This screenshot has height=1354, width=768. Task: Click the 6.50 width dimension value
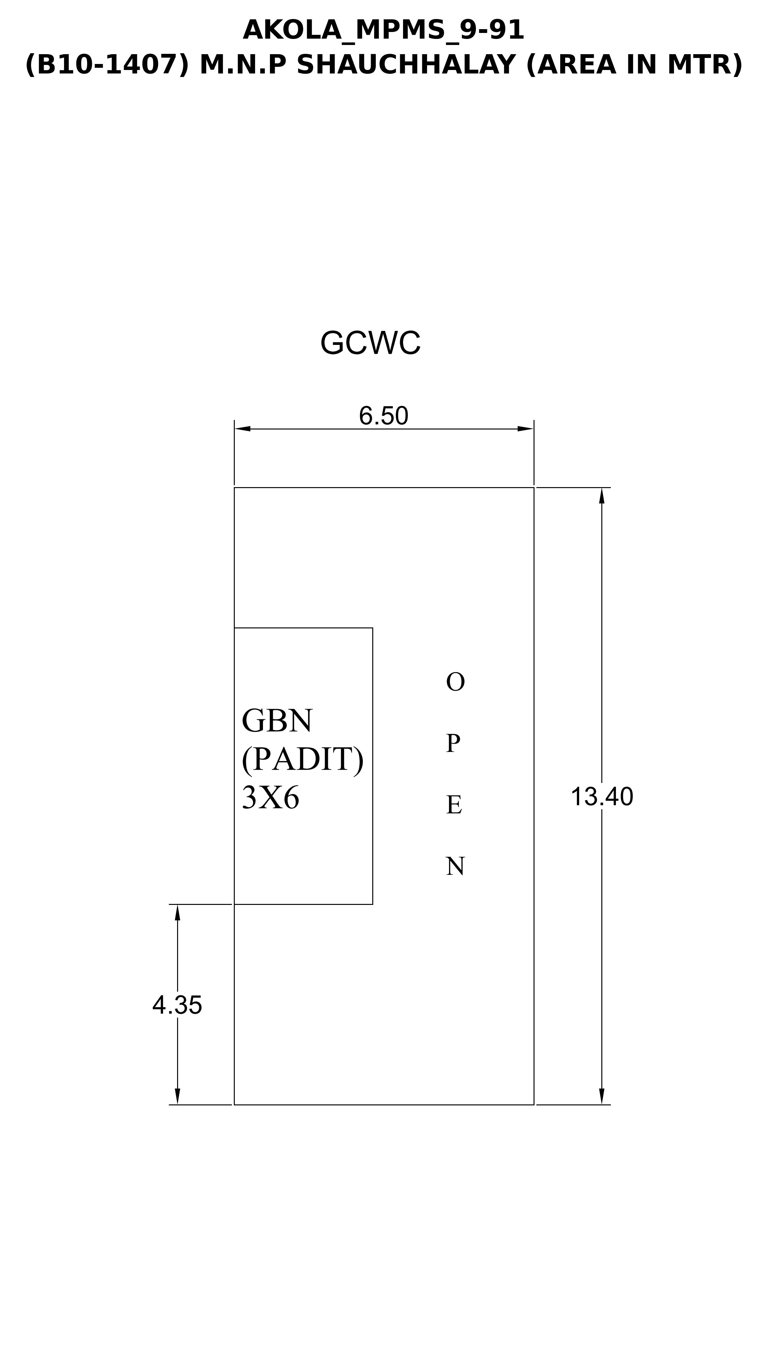[x=383, y=416]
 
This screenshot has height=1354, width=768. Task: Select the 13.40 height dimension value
[x=602, y=797]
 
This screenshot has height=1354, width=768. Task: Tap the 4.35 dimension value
[x=177, y=1006]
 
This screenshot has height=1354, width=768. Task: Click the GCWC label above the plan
[x=370, y=343]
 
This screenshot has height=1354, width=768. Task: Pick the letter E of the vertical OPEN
[x=454, y=804]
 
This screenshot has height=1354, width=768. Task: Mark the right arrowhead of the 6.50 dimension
[x=525, y=429]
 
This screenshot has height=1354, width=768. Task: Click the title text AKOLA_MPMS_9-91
[x=383, y=30]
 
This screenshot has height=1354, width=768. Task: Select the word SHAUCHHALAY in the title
[x=406, y=65]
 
